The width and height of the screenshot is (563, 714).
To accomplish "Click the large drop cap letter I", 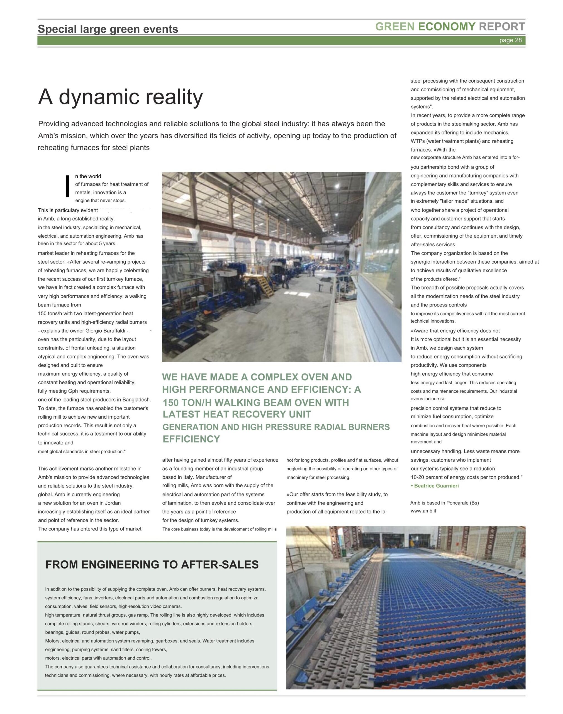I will click(x=68, y=187).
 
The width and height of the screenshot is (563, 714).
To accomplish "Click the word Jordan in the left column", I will click(x=113, y=503).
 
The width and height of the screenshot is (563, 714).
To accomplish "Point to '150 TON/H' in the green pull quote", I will click(x=186, y=402).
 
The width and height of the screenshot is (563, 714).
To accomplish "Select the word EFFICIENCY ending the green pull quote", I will click(x=191, y=439).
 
